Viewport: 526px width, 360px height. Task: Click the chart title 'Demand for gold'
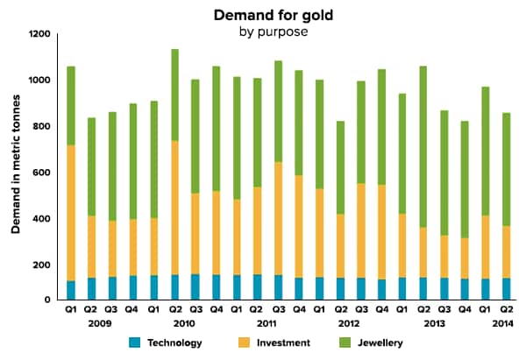point(264,15)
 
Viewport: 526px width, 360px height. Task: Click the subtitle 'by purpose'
point(264,32)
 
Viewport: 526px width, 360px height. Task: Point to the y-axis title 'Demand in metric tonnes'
point(17,166)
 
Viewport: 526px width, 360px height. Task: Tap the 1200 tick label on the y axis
point(39,35)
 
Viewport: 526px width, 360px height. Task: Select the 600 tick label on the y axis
point(42,173)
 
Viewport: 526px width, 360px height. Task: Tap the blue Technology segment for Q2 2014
point(506,289)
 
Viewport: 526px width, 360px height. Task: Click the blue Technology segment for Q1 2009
point(70,291)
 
